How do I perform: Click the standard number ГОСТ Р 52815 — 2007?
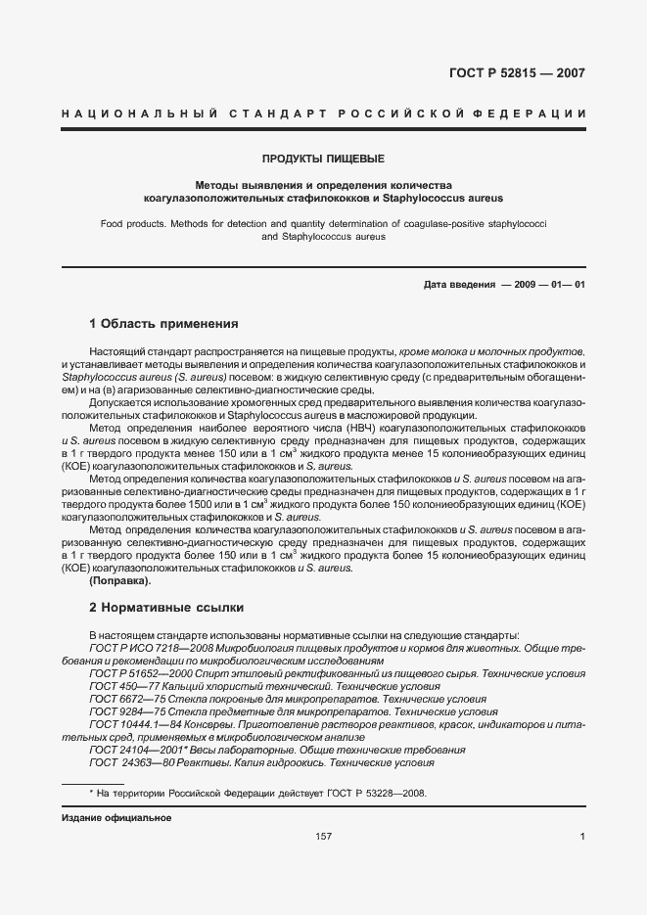tap(530, 73)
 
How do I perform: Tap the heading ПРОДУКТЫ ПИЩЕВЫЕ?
tap(323, 159)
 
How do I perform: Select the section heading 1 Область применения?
tap(163, 323)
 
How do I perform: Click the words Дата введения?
tap(459, 285)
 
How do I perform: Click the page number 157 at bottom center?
tap(323, 836)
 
